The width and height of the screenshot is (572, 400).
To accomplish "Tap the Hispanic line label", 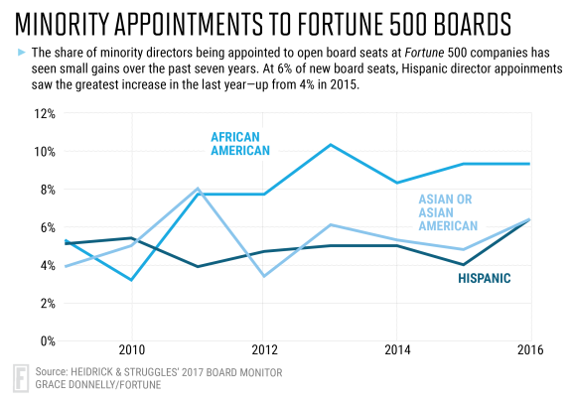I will (x=485, y=279).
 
